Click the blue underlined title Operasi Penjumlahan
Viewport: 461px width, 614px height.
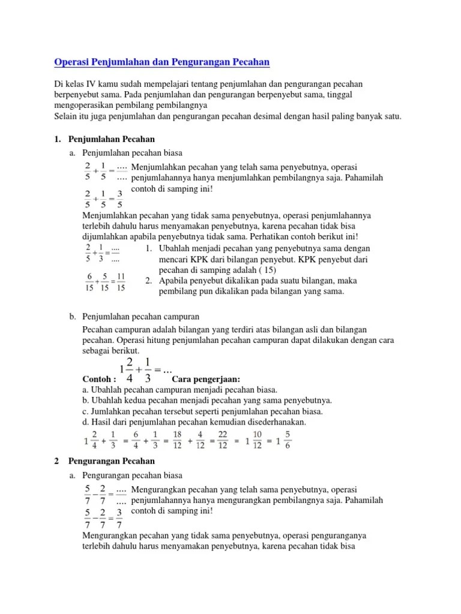click(162, 62)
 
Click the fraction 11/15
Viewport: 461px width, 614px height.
click(121, 282)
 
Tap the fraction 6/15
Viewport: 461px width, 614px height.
click(89, 282)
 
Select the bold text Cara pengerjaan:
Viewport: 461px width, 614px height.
click(206, 380)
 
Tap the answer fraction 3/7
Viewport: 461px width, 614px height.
click(119, 518)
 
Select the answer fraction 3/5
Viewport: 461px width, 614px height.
click(119, 199)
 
